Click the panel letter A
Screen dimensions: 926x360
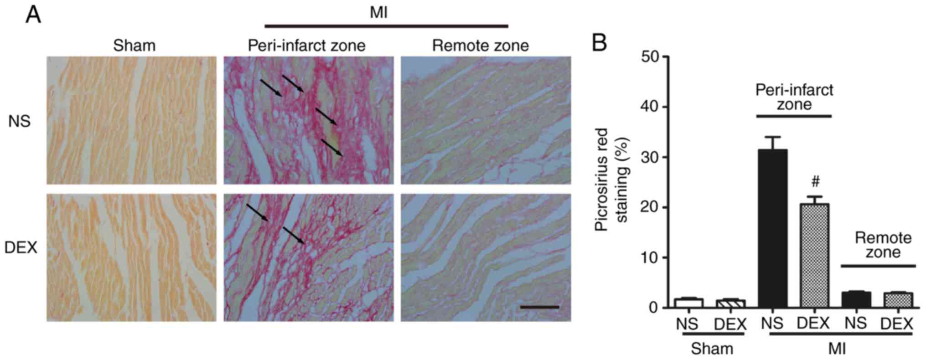34,15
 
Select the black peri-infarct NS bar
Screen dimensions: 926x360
772,228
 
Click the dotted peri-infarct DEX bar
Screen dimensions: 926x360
814,255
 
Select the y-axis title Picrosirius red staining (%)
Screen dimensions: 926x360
611,184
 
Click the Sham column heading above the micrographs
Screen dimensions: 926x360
134,46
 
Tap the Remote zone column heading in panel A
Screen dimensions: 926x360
481,46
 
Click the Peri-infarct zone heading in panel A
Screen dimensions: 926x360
306,46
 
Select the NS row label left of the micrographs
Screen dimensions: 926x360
20,122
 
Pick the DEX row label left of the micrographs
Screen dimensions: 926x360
21,248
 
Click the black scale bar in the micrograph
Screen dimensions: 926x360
539,307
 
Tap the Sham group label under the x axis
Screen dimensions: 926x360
712,349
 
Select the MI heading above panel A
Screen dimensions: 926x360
378,13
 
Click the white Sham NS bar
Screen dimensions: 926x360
688,303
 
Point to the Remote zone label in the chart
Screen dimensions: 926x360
883,245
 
